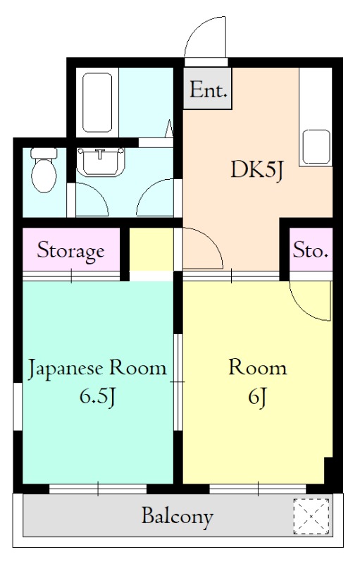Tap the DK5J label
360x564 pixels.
(x=257, y=170)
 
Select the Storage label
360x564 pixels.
(x=70, y=250)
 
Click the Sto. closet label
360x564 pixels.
(x=311, y=250)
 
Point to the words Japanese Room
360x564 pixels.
(x=97, y=368)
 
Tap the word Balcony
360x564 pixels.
(x=177, y=517)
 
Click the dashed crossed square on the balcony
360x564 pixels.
(x=311, y=516)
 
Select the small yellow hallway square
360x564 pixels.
(x=150, y=250)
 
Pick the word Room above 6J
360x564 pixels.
(x=257, y=368)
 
